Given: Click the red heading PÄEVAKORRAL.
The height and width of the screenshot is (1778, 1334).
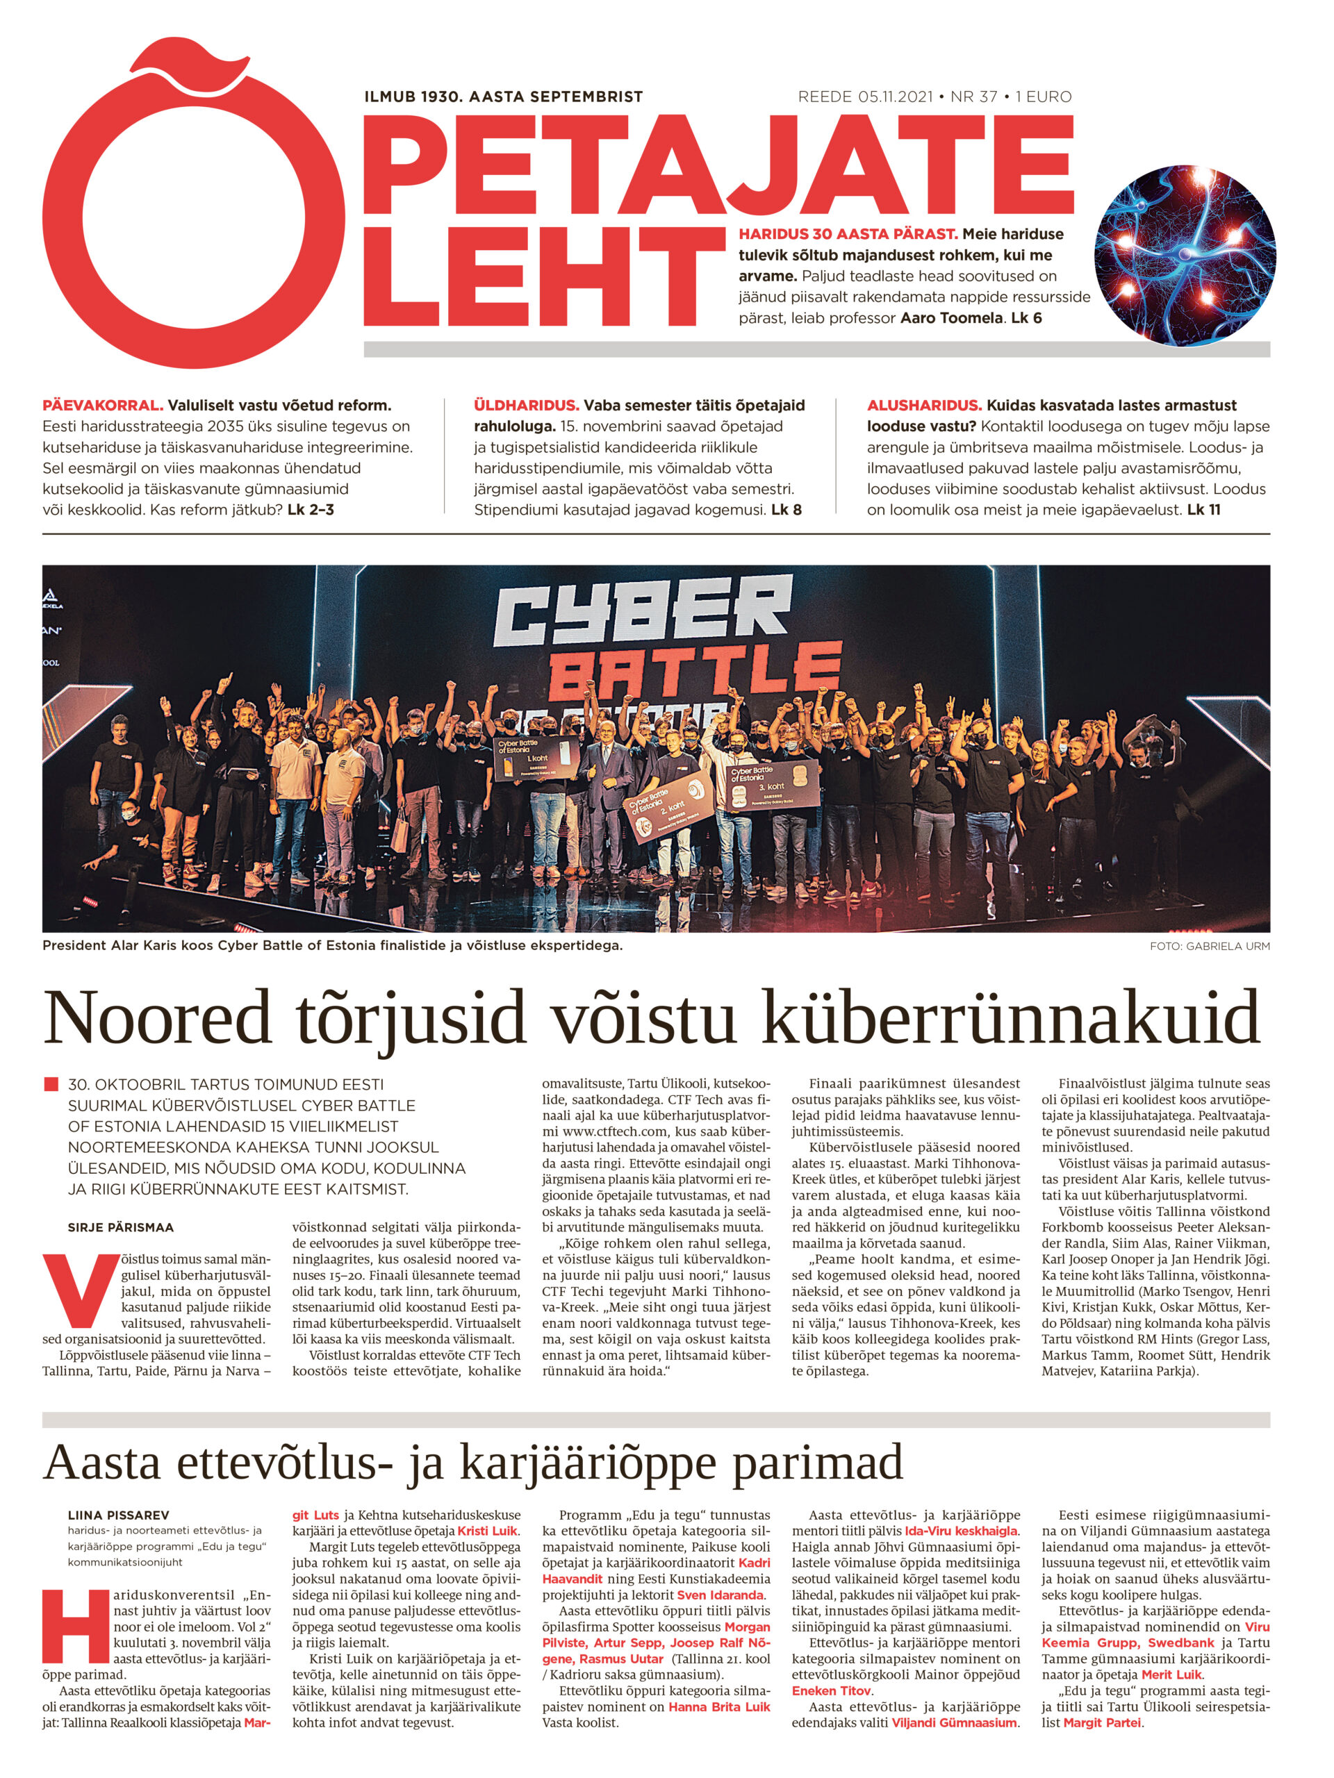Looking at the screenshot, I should tap(103, 405).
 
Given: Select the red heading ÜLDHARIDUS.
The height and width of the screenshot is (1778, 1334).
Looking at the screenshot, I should tap(526, 405).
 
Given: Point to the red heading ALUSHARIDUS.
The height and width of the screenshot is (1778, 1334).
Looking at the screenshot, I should tap(924, 405).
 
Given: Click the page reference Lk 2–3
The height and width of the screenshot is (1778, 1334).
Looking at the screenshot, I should tap(311, 510).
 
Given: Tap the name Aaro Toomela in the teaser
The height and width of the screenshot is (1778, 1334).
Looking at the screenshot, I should tap(950, 318).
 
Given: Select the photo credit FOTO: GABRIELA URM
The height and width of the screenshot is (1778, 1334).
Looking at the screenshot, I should tap(1210, 946).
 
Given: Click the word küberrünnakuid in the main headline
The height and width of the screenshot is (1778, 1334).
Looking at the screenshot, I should tap(1010, 1019).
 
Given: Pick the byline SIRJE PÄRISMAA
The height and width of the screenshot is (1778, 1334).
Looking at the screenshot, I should tap(121, 1227).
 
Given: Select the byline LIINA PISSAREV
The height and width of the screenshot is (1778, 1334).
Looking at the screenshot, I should tap(118, 1515).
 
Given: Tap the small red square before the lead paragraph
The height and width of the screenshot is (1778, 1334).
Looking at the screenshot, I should tap(51, 1084).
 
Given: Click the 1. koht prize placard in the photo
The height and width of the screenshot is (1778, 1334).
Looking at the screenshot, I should tap(535, 759).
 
